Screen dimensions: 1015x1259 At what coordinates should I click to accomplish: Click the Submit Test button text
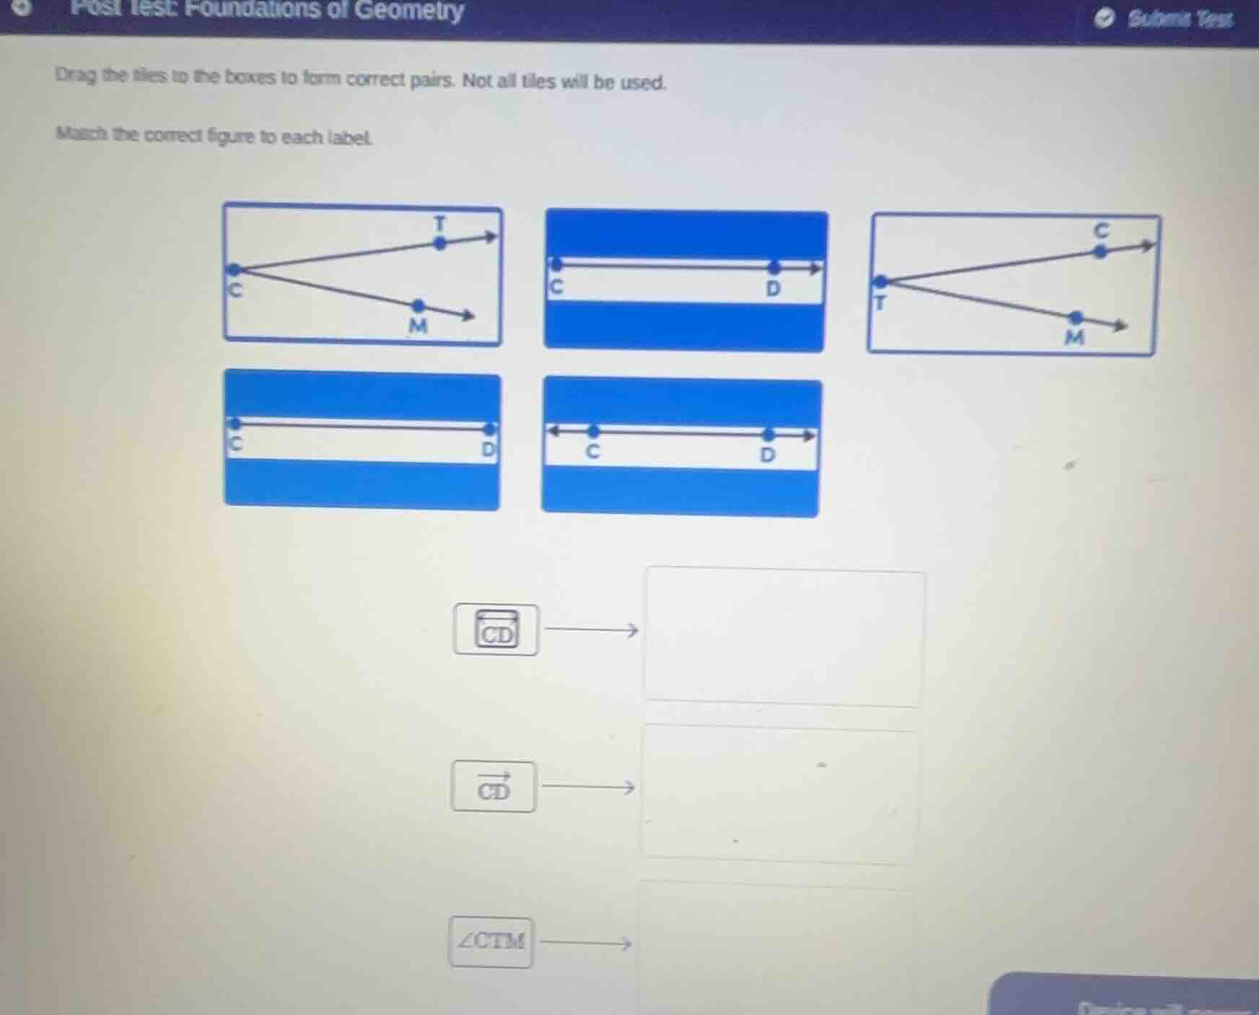(x=1180, y=19)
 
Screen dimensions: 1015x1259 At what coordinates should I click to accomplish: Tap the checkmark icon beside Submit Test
(x=1104, y=19)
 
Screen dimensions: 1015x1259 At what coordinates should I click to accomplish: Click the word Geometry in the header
(x=409, y=10)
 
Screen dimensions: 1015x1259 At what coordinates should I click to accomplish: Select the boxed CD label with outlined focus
(x=496, y=630)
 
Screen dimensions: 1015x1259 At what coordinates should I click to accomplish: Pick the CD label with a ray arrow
(x=493, y=787)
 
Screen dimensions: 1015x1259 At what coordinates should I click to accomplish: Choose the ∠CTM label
(x=491, y=941)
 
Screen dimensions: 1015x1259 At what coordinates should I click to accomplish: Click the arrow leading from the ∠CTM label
(x=586, y=943)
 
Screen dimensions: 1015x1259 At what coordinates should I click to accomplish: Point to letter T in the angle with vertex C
(x=439, y=222)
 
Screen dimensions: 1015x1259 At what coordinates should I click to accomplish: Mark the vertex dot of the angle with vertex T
(x=881, y=281)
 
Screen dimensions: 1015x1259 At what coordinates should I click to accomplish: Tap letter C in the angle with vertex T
(x=1100, y=230)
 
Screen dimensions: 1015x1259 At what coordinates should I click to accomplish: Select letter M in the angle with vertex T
(x=1074, y=337)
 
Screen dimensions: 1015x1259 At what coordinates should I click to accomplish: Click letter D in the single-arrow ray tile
(x=773, y=289)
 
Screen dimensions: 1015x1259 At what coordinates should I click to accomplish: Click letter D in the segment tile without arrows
(x=488, y=449)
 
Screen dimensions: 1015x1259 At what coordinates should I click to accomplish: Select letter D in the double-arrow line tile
(x=767, y=455)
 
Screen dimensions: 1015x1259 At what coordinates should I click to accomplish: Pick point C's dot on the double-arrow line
(x=593, y=432)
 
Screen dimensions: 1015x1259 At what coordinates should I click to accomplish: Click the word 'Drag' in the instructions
(x=75, y=75)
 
